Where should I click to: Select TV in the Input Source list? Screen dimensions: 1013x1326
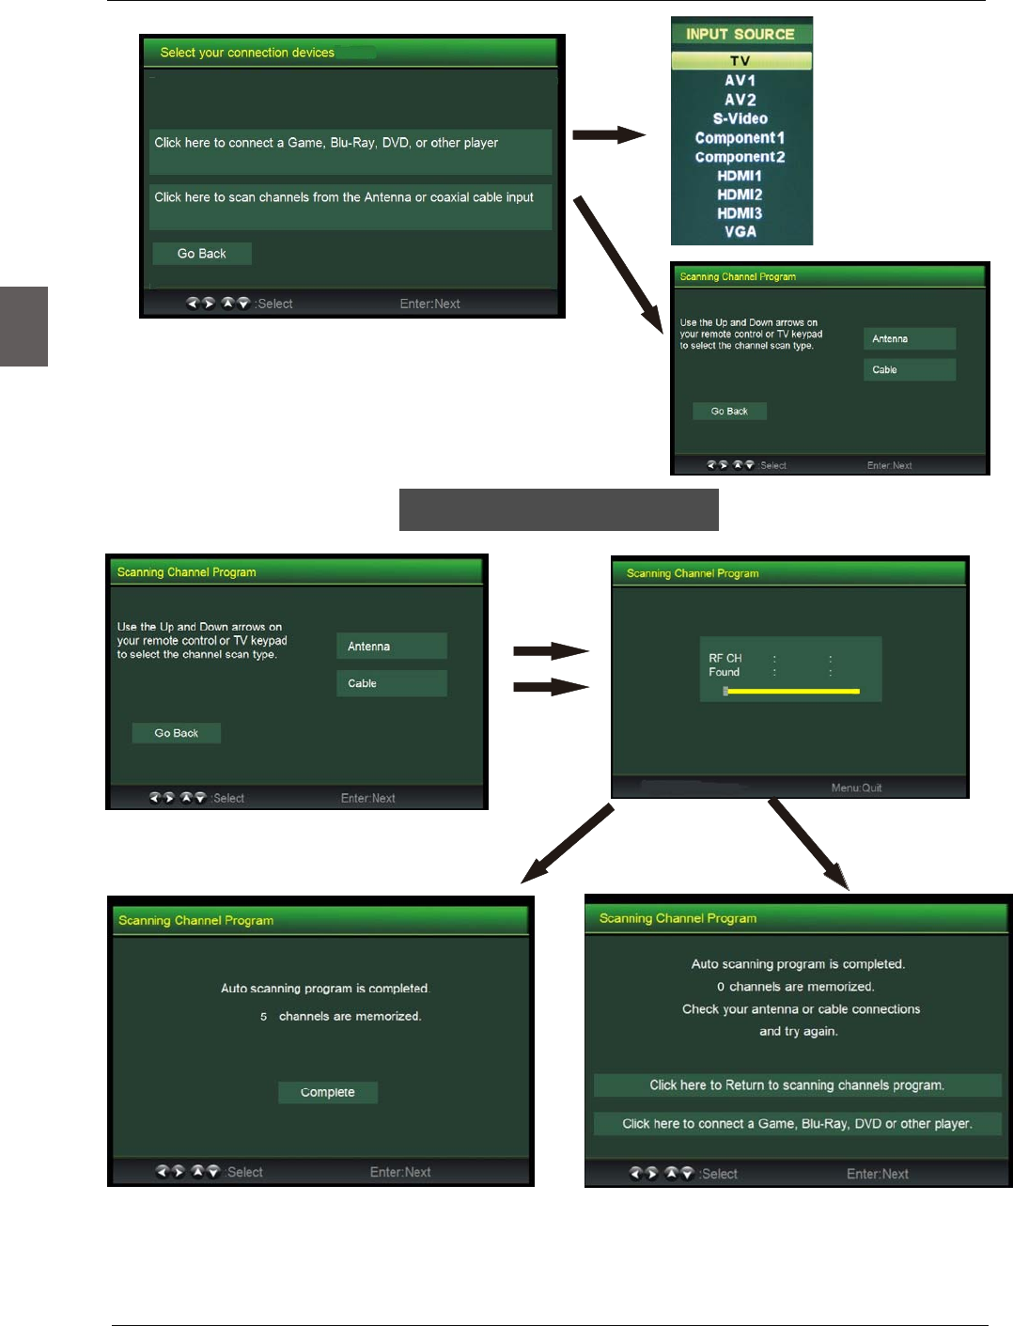pos(740,61)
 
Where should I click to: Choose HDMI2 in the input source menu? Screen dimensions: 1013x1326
pos(740,195)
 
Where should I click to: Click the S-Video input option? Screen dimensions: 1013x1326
pos(740,118)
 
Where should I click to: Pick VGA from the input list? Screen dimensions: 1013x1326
pos(740,232)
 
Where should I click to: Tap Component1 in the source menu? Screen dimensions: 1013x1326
pos(740,138)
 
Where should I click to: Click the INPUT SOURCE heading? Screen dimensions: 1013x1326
pos(740,34)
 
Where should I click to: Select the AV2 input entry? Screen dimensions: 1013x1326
pos(740,100)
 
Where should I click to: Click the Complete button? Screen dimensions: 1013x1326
pos(327,1092)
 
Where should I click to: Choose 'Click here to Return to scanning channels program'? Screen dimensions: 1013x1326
pos(797,1085)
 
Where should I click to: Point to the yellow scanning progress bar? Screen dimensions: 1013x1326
pos(792,691)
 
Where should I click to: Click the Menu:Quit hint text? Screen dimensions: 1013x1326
pos(856,788)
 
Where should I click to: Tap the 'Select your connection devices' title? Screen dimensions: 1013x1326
pos(247,53)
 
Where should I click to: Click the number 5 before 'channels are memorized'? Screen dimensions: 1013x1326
pos(264,1017)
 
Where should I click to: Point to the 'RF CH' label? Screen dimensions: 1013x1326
pos(725,658)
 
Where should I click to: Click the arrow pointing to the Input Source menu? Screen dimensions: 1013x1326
pos(608,135)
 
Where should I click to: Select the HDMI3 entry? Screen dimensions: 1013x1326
pos(740,213)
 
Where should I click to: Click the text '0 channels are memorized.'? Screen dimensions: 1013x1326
pos(795,987)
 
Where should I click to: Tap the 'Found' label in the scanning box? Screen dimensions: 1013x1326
pos(724,672)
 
